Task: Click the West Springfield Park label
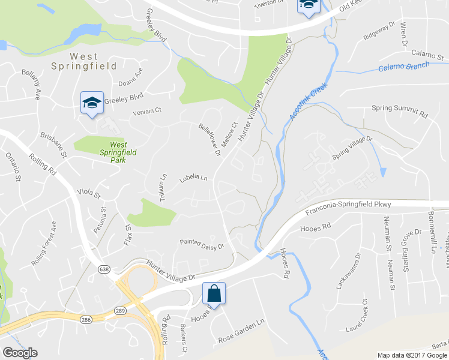tap(118, 148)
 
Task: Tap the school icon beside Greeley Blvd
tap(92, 104)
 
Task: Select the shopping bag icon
tap(213, 294)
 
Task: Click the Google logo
tap(20, 353)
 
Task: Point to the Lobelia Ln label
tap(193, 179)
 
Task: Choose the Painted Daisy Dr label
tap(202, 243)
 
